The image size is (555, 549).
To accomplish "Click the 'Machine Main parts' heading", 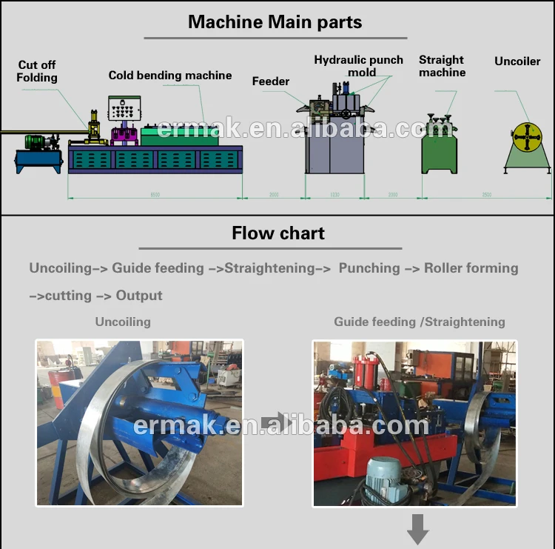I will tap(275, 21).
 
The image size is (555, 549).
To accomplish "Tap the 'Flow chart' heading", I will tap(278, 233).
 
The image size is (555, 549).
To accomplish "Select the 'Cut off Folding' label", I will tap(38, 71).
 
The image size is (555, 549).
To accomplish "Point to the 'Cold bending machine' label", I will tap(170, 75).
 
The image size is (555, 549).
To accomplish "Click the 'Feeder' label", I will tap(271, 81).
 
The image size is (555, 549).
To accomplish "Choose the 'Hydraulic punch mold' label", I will tap(359, 66).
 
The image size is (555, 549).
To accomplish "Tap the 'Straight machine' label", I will tap(442, 66).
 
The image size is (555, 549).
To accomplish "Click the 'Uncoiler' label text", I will tap(518, 61).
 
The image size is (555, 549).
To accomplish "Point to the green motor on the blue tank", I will tap(36, 141).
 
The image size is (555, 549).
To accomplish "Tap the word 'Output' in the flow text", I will tap(139, 295).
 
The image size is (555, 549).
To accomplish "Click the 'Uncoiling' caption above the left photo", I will tap(123, 322).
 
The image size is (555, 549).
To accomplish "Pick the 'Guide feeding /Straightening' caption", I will tap(420, 322).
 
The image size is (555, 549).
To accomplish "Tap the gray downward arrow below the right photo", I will tap(418, 530).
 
